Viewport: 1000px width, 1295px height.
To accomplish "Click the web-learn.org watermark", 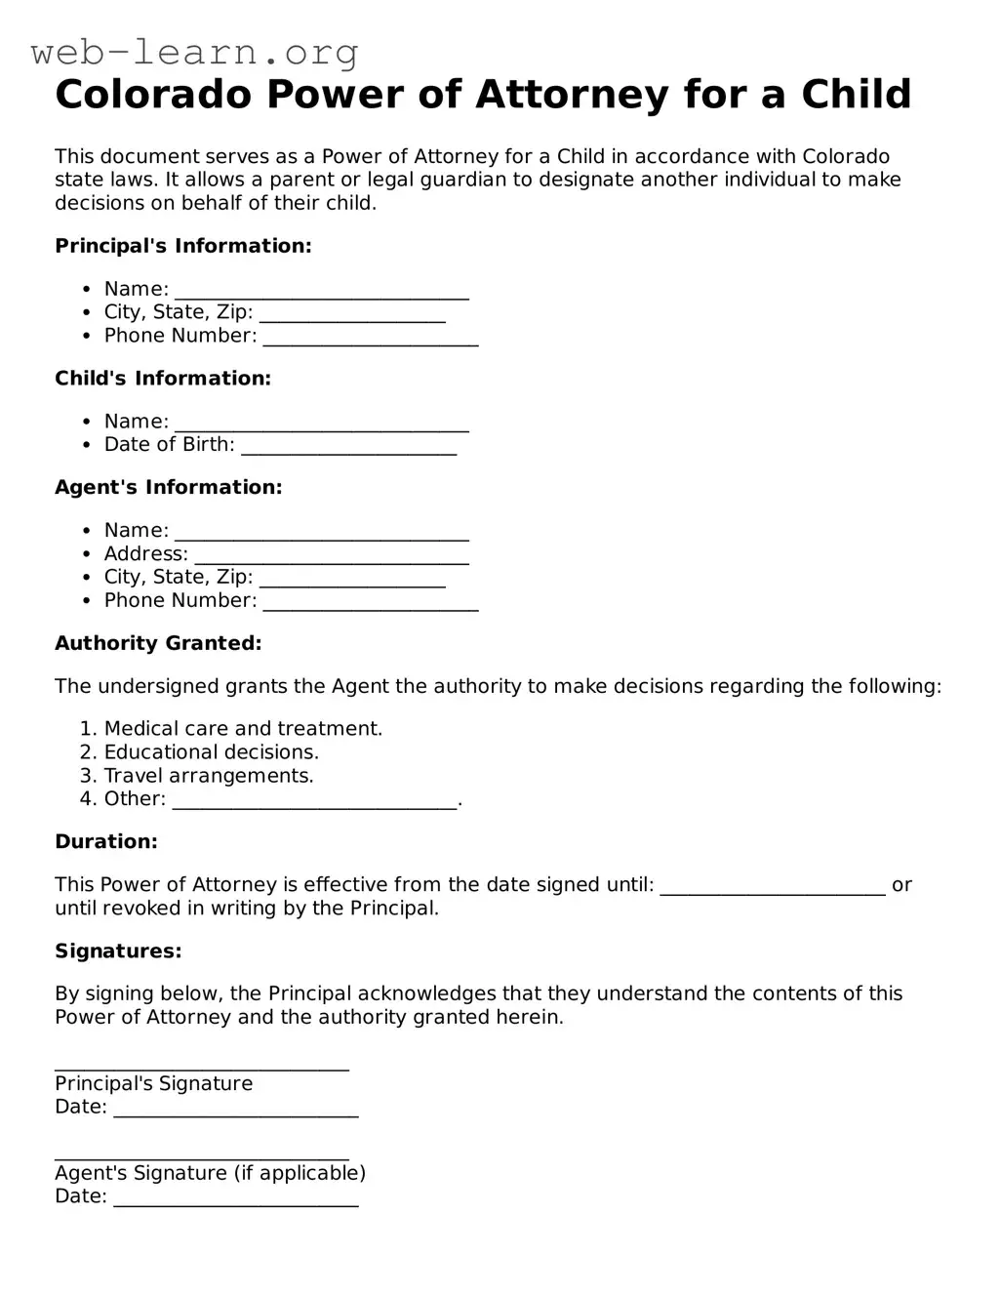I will click(x=194, y=52).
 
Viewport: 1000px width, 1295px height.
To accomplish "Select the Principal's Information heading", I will click(x=183, y=246).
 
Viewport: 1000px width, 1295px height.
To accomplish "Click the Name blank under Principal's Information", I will click(x=321, y=291).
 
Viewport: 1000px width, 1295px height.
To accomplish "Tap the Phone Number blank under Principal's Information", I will click(x=371, y=338).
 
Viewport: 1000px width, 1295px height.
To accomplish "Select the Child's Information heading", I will click(x=163, y=379).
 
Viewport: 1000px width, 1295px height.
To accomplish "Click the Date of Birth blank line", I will click(x=348, y=447).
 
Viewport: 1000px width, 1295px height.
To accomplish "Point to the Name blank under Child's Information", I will click(x=321, y=424).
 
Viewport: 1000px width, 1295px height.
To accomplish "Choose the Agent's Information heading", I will click(x=168, y=487).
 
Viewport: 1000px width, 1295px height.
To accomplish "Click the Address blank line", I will click(x=332, y=556).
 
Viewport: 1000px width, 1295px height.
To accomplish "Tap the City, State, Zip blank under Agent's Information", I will click(x=352, y=580).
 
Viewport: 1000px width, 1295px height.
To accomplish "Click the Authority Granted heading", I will click(x=158, y=643).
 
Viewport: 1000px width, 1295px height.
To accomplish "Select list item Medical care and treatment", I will click(x=243, y=729).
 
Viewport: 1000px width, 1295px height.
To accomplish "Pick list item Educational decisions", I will click(x=212, y=752).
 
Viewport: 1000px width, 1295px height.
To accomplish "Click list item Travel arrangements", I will click(x=209, y=776).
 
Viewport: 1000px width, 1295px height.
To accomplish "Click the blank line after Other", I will click(x=314, y=801).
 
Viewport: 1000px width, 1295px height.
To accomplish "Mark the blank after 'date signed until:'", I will click(x=773, y=887).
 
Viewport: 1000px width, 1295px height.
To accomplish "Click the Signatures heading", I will click(x=118, y=951).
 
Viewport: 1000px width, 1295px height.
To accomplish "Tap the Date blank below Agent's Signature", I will click(x=236, y=1198).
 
